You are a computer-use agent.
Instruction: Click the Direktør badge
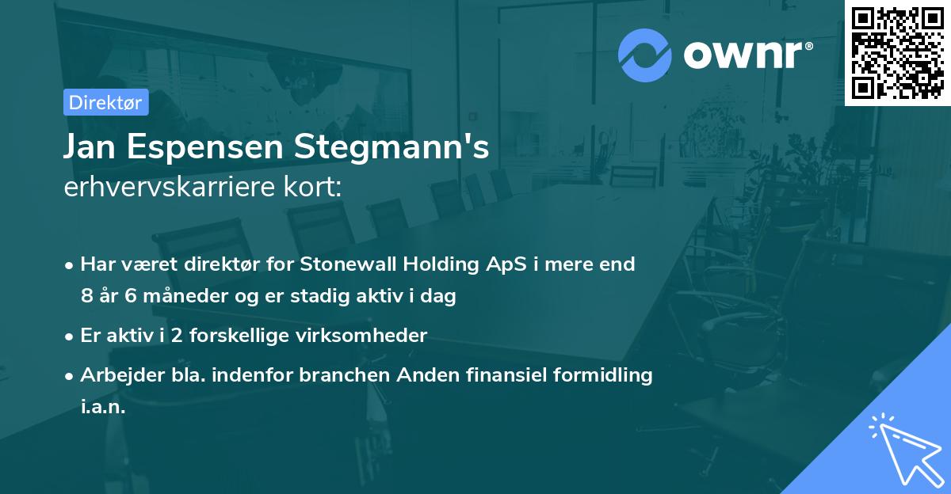(105, 102)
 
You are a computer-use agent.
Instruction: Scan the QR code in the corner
(897, 52)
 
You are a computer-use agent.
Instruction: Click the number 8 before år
(86, 297)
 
